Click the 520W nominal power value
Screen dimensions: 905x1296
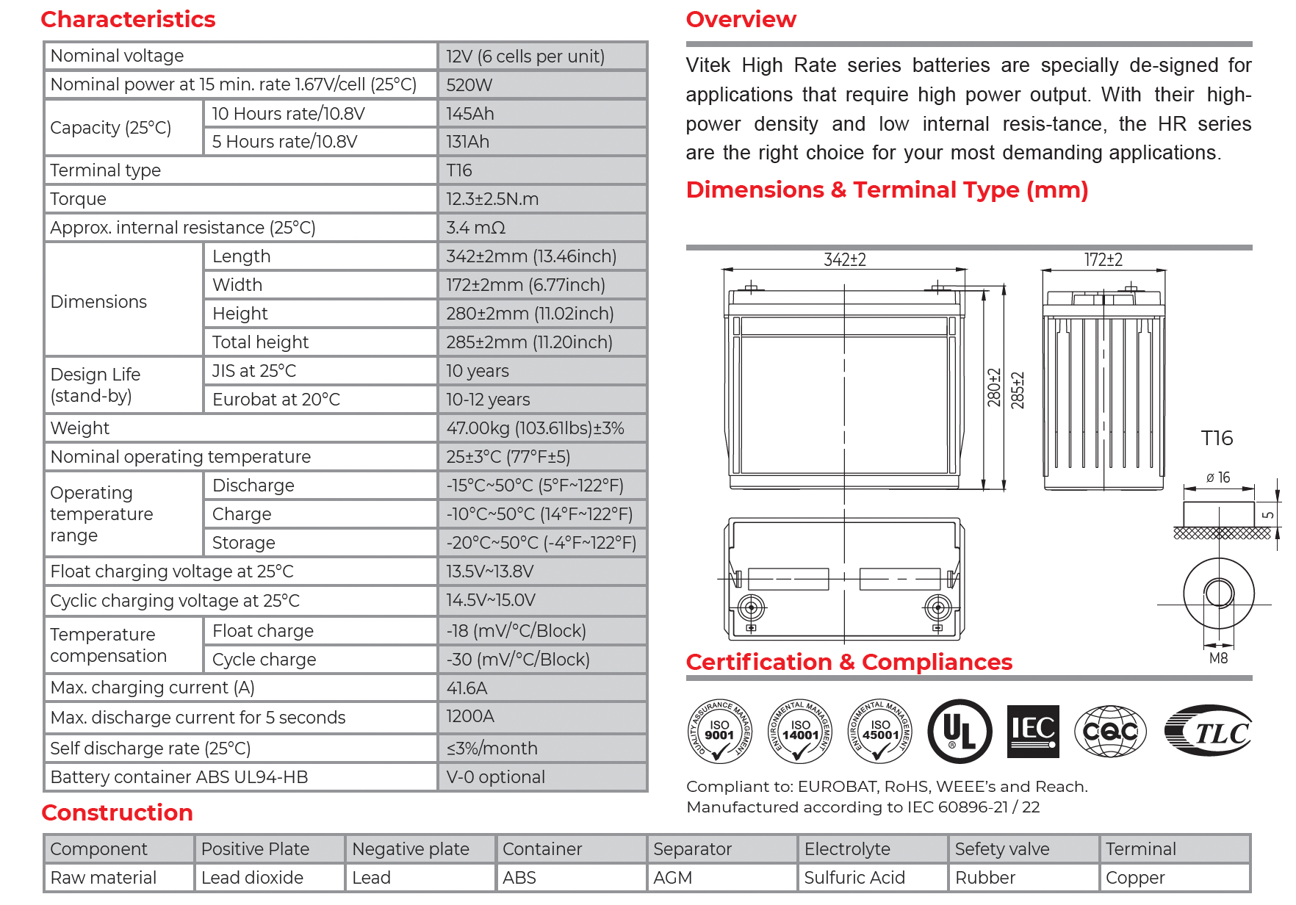coord(469,85)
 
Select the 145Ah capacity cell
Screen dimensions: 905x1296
coord(470,114)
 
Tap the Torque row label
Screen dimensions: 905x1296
coord(79,199)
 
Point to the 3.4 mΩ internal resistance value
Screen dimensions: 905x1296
coord(476,228)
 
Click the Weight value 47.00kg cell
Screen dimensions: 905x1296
coord(535,428)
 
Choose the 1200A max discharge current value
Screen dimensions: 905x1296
coord(470,716)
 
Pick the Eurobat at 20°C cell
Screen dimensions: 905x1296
coord(276,400)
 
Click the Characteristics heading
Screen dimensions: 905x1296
coord(128,19)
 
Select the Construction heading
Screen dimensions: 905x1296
coord(117,812)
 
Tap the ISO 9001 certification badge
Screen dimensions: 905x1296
coord(720,731)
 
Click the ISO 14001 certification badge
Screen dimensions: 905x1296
coord(800,731)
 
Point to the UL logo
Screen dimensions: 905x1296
coord(960,732)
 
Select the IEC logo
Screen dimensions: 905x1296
coord(1033,731)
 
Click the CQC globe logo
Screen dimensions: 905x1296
coord(1110,731)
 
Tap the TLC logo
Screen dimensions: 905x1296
coord(1209,732)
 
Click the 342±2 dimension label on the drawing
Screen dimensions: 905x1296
coord(844,260)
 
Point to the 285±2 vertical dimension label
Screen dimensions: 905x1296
coord(1018,390)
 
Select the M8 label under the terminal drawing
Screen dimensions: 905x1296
coord(1218,658)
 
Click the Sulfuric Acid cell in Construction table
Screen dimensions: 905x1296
coord(854,878)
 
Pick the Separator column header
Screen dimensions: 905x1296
coord(692,849)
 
